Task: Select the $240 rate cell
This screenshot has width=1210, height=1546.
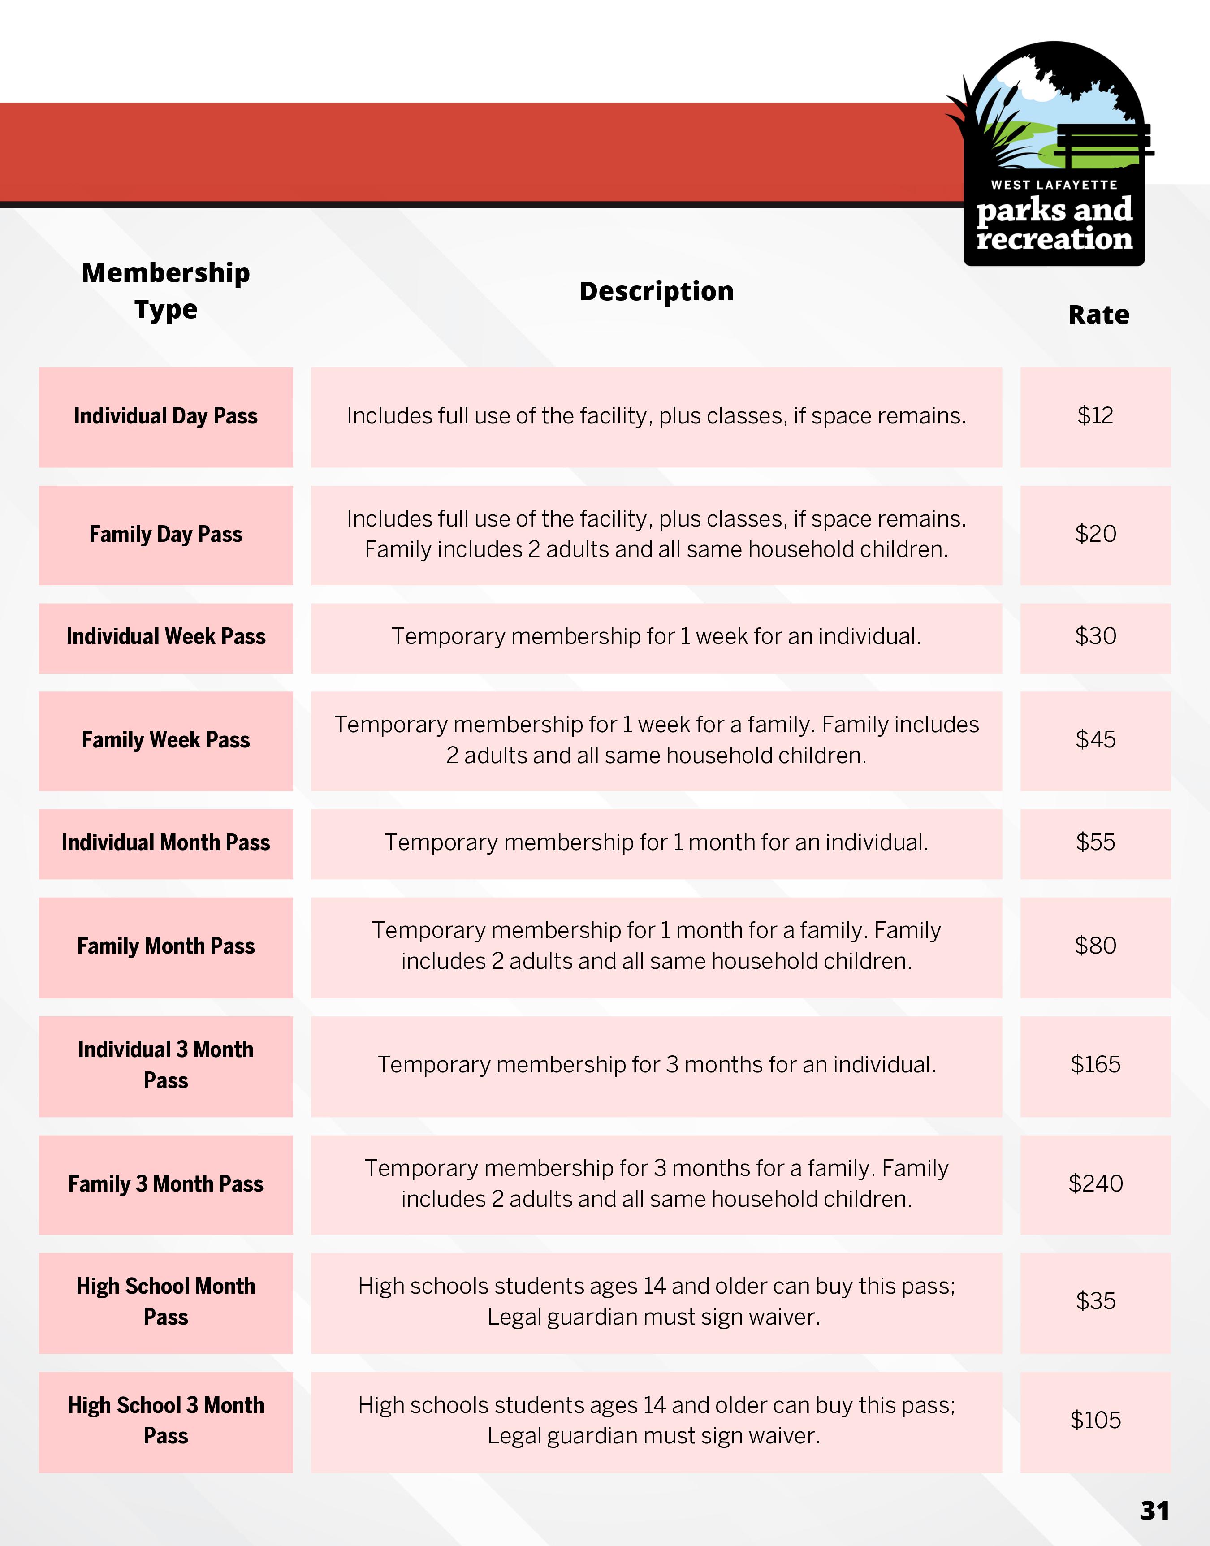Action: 1095,1183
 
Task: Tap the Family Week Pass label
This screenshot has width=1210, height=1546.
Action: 166,740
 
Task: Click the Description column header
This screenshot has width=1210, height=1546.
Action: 656,291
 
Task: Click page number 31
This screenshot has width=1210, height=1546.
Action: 1154,1511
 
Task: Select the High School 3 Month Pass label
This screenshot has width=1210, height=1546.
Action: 166,1420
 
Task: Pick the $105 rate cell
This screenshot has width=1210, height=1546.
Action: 1095,1420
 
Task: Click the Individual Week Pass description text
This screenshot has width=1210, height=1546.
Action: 656,637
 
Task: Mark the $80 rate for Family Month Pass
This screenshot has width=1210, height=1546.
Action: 1095,946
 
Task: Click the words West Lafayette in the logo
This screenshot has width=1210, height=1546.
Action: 1054,185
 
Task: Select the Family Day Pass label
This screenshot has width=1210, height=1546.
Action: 166,534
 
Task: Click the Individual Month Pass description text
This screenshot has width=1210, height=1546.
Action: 656,843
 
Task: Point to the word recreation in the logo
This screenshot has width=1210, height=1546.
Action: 1054,239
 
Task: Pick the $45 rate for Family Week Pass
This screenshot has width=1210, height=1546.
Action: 1095,740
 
